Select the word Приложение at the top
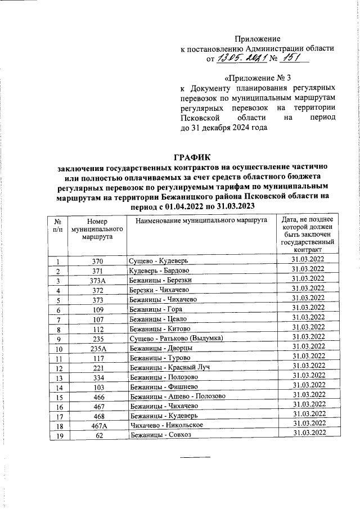pos(257,38)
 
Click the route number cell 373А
pos(97,280)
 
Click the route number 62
pos(97,434)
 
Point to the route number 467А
pos(97,424)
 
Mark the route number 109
pos(97,309)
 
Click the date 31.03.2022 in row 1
pos(308,260)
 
